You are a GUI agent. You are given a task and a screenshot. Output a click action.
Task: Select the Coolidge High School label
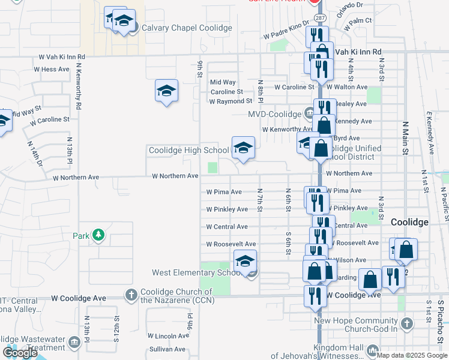click(188, 150)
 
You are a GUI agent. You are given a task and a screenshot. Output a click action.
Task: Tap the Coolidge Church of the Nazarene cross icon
click(131, 295)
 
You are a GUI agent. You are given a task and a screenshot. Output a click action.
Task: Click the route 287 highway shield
click(319, 19)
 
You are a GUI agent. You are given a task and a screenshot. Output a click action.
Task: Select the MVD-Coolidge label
click(274, 114)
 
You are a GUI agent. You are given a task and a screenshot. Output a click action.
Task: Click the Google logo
click(20, 353)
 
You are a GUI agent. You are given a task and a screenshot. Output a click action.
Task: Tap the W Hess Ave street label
click(52, 70)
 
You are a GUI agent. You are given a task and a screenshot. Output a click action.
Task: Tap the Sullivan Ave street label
click(167, 349)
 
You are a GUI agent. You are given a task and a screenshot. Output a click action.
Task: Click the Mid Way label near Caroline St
click(223, 82)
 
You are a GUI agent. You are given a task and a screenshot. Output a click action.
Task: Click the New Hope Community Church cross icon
click(406, 325)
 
